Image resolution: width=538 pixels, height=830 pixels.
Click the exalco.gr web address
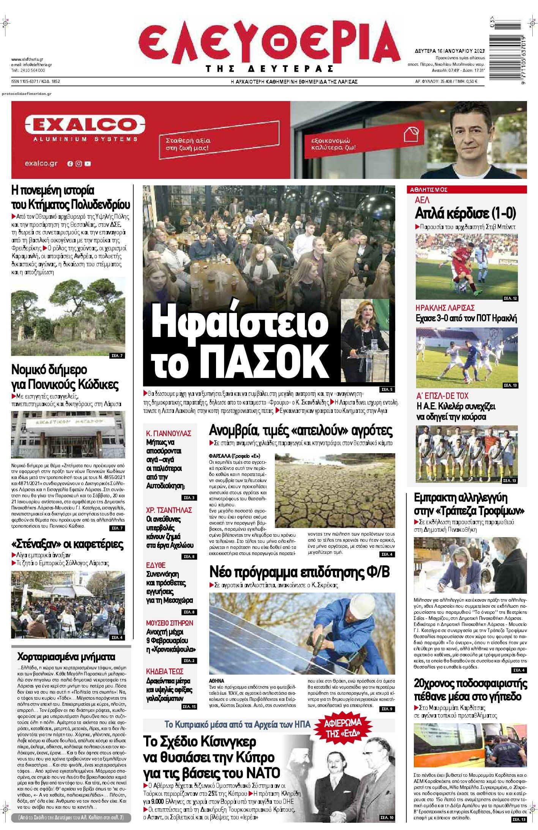41,163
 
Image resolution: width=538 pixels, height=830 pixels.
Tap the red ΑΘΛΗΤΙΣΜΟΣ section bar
467,189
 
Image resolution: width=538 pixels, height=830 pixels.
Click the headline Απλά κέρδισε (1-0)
465,214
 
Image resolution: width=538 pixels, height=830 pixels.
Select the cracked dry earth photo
334,490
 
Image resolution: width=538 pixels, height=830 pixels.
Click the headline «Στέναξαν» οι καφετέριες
68,544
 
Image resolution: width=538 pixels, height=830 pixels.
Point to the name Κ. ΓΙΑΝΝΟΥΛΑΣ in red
169,433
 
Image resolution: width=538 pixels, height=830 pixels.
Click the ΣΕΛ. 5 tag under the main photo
387,390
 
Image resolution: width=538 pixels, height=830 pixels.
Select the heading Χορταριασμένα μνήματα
66,657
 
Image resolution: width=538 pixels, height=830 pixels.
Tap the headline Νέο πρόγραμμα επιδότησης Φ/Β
300,572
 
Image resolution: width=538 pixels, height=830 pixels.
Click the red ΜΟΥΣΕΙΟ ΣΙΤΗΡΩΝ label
169,623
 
